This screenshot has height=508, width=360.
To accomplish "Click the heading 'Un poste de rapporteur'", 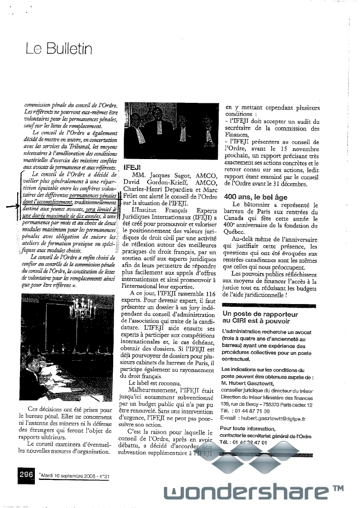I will tap(260, 314).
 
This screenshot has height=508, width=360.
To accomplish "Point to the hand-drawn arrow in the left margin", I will tap(14, 205).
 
